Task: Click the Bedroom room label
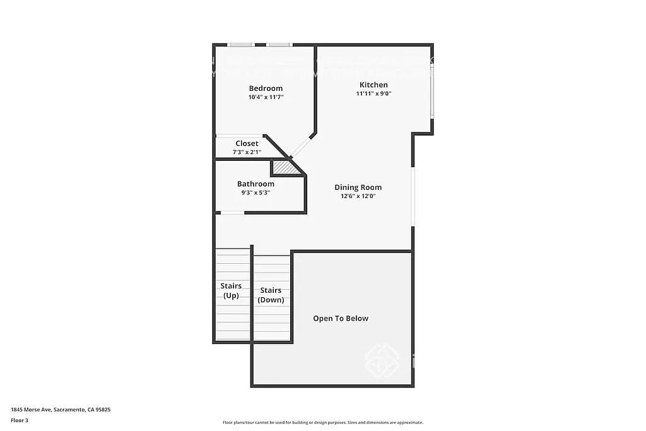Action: pos(266,88)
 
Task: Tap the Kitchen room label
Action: pos(373,85)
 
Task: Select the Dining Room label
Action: pos(358,187)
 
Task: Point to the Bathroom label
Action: pos(255,184)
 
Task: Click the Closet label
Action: pos(247,143)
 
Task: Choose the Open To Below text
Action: pos(341,318)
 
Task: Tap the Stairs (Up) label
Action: pos(231,290)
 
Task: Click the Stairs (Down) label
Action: pos(271,295)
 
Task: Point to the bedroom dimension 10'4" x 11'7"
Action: pos(266,97)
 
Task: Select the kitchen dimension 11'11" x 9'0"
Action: pos(373,93)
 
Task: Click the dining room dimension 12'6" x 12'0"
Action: pos(358,196)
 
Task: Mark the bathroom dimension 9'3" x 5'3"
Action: pos(255,192)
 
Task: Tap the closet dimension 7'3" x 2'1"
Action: pos(247,151)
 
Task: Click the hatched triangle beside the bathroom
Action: pos(285,168)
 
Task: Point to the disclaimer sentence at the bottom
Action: pos(322,423)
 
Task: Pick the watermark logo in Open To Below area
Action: pos(382,360)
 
